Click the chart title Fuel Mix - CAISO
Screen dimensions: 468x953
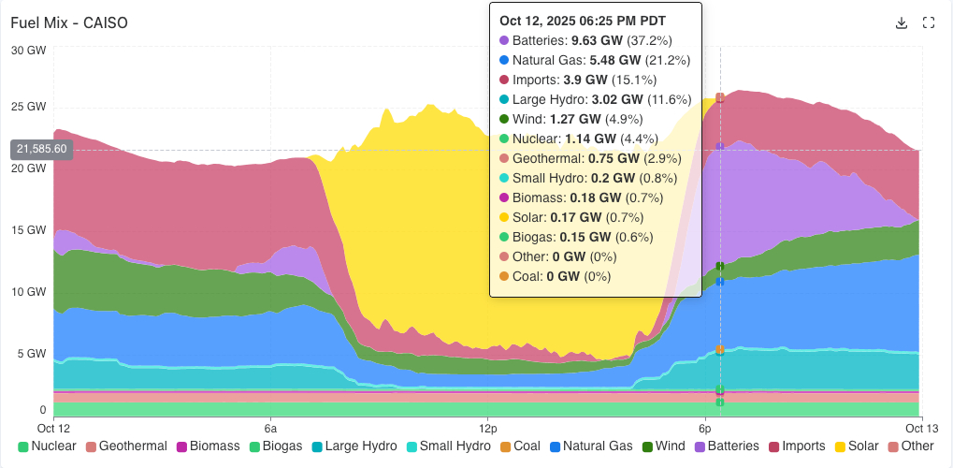pos(69,22)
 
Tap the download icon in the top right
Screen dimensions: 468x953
pos(902,22)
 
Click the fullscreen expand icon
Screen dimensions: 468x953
pos(929,22)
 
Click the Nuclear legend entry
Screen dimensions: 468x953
pos(47,446)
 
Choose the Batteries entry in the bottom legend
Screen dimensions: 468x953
pos(726,446)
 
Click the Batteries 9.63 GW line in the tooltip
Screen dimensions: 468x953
pos(593,40)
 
